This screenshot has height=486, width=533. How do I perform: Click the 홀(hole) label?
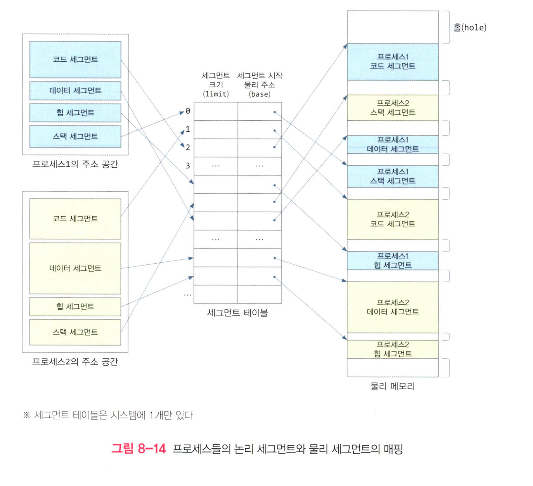coord(470,28)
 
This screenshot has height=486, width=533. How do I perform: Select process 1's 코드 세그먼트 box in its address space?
coord(75,59)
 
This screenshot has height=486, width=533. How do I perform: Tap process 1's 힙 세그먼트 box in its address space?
coord(75,113)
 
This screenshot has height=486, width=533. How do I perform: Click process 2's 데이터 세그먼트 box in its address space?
coord(75,268)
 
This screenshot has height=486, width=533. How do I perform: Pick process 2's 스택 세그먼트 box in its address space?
coord(75,332)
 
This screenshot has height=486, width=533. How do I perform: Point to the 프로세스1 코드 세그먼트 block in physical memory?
coord(393,62)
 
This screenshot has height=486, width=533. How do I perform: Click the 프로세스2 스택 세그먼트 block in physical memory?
coord(393,108)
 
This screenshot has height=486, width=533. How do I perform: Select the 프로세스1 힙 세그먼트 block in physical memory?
coord(393,260)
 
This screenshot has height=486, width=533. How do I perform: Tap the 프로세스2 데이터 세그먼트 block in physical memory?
coord(393,307)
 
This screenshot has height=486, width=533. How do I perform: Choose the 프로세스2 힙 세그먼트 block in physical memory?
coord(393,349)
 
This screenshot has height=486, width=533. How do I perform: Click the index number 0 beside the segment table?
coord(188,111)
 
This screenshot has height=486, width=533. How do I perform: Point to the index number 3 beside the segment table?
coord(188,166)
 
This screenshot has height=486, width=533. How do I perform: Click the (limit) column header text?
coord(216,94)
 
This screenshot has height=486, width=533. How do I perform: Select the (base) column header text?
coord(260,94)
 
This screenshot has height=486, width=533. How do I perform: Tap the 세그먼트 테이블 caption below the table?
coord(237,313)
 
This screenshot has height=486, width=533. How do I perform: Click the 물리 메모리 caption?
coord(393,386)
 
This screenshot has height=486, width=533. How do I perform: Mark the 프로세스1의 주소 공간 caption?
coord(75,164)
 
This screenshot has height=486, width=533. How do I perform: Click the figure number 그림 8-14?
coord(138,449)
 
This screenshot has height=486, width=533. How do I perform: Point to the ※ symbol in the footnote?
coord(26,415)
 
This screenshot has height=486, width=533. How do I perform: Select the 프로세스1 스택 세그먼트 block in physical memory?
coord(393,176)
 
